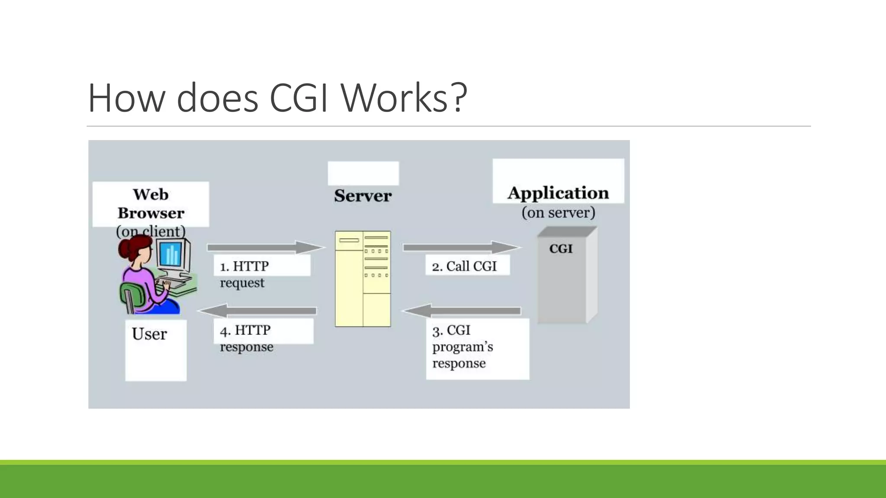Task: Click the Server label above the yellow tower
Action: [363, 196]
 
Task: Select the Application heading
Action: [558, 193]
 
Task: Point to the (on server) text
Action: [558, 213]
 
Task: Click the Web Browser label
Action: [151, 204]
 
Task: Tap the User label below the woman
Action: [149, 334]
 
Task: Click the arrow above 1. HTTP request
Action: [265, 247]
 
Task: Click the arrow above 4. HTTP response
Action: [258, 310]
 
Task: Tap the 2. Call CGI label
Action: [465, 266]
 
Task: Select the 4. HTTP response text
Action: [246, 338]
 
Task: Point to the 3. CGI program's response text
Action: [462, 347]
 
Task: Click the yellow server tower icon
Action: [363, 279]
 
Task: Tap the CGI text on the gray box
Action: [561, 249]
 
